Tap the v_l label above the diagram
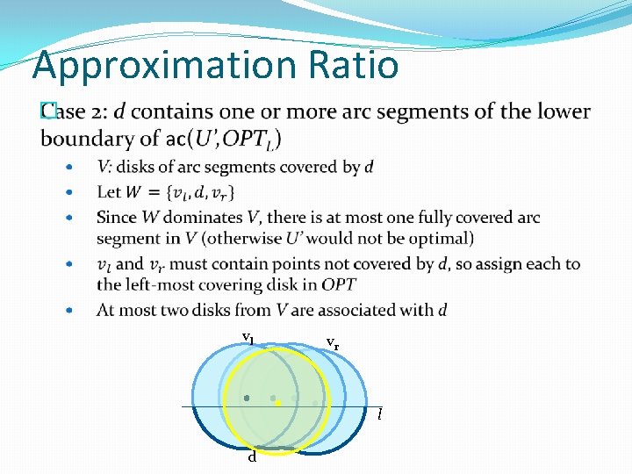pyautogui.click(x=248, y=337)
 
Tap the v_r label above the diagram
pyautogui.click(x=333, y=341)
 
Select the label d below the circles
pyautogui.click(x=252, y=456)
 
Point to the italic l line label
pyautogui.click(x=379, y=413)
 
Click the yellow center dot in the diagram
pyautogui.click(x=277, y=403)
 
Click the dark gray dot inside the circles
pyautogui.click(x=247, y=398)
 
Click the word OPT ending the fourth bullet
pyautogui.click(x=339, y=284)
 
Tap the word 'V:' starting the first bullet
pyautogui.click(x=104, y=167)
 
